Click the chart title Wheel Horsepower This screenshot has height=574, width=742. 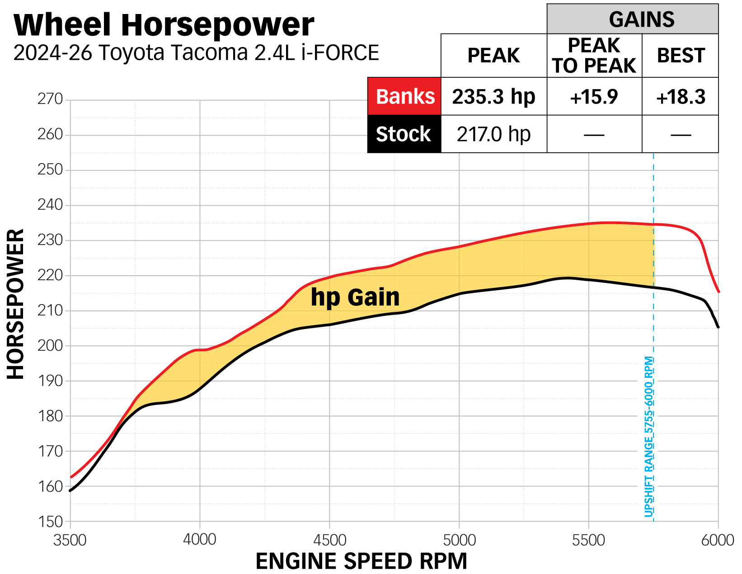click(164, 25)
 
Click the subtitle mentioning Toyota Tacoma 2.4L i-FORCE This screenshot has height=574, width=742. click(196, 53)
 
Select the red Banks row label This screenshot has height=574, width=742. click(405, 97)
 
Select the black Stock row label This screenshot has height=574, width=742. click(404, 134)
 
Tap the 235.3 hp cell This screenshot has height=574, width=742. click(493, 97)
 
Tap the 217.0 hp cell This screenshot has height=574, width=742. click(493, 134)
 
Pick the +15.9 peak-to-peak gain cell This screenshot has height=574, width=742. click(594, 97)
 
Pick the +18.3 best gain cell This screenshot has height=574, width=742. click(680, 97)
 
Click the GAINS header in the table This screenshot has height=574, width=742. click(641, 19)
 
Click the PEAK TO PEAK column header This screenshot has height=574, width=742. click(594, 56)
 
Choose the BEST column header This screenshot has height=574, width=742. click(681, 56)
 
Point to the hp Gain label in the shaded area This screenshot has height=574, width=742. click(355, 297)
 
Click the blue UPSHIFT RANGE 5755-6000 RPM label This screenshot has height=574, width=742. click(649, 437)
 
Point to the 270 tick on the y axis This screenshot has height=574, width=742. click(50, 99)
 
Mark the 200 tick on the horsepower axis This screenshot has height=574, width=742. click(50, 346)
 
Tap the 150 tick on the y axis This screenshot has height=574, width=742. click(50, 522)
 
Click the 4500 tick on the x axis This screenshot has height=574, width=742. click(329, 540)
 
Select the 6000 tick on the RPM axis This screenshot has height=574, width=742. click(718, 540)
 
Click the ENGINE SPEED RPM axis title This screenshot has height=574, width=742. click(361, 561)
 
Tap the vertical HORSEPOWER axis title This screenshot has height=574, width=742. click(15, 304)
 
